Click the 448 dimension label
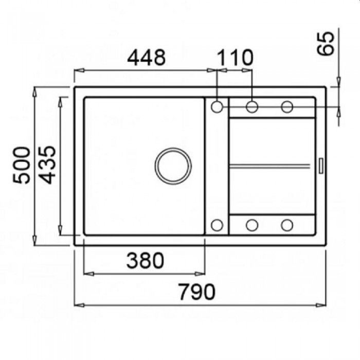[x=146, y=57]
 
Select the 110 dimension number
[x=235, y=57]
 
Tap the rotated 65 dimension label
[x=325, y=43]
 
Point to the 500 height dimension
[x=21, y=165]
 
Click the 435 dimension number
[x=47, y=165]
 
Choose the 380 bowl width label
[x=145, y=260]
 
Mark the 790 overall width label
[x=197, y=292]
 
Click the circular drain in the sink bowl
[x=173, y=166]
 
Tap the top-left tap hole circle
[x=217, y=107]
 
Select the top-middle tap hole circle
[x=252, y=107]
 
